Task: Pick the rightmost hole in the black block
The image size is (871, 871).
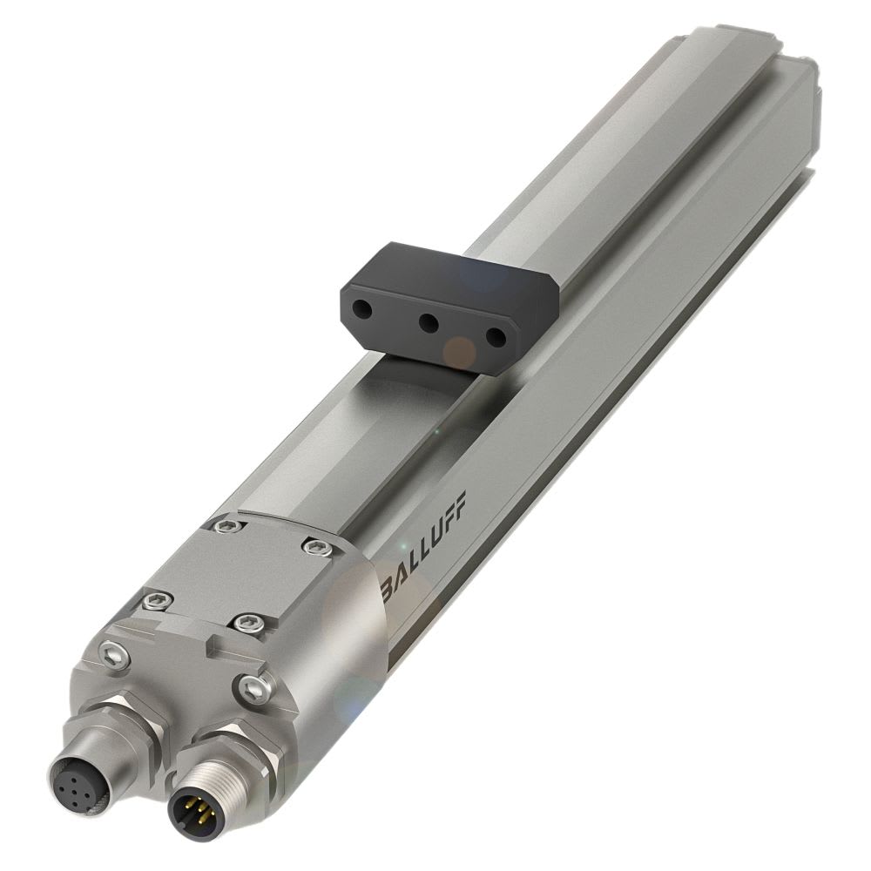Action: point(494,335)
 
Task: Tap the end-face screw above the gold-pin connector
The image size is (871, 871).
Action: point(253,688)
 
